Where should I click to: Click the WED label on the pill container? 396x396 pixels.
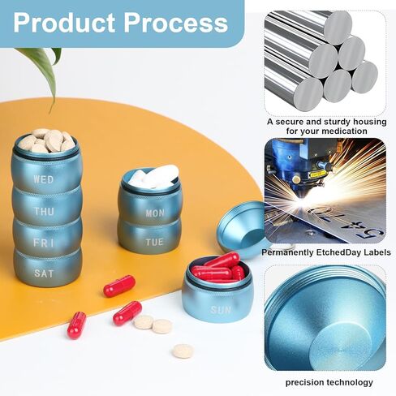tap(44, 179)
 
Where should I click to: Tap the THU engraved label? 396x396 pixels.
tap(44, 211)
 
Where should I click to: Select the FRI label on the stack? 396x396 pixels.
tap(44, 243)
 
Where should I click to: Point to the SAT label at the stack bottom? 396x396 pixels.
tap(44, 273)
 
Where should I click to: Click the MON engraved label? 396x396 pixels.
tap(155, 213)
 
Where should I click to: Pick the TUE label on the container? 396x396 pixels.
tap(154, 242)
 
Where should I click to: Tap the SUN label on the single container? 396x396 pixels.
tap(221, 310)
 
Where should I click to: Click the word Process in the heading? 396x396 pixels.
tap(176, 23)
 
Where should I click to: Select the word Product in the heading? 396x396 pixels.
tap(64, 23)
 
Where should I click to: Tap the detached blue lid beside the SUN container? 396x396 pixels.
tap(241, 230)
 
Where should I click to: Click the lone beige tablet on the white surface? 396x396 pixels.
tap(183, 351)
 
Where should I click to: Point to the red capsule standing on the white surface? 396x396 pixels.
tap(76, 325)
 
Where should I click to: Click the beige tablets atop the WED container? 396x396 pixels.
tap(46, 140)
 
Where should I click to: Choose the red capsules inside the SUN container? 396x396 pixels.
tap(219, 268)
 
